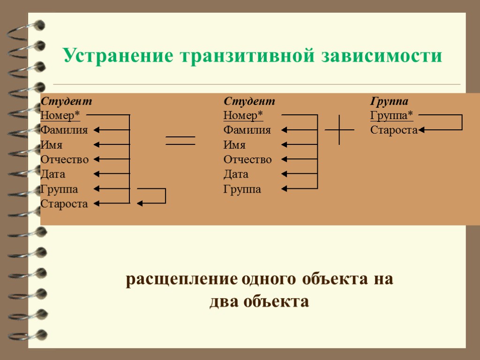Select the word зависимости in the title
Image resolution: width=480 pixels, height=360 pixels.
click(382, 56)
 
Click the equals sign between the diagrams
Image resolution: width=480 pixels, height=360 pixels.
click(180, 141)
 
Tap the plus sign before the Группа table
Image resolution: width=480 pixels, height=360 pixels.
click(339, 130)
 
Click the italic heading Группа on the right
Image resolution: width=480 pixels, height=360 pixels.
click(389, 101)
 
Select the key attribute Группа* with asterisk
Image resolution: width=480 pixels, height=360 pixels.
click(391, 115)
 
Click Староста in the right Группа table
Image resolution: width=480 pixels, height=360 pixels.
click(393, 130)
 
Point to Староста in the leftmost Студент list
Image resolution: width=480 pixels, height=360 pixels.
click(64, 204)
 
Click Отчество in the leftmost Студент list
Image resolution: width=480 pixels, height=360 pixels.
click(64, 160)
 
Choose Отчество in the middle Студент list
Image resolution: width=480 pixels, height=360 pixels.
click(247, 160)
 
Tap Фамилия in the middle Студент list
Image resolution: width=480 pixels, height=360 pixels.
click(247, 130)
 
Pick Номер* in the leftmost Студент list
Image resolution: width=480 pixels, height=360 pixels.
click(60, 115)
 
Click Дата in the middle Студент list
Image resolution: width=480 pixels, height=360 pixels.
click(236, 174)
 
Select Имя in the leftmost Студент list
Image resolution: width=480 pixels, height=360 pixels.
click(52, 145)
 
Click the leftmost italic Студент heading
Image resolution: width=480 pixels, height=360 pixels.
click(66, 101)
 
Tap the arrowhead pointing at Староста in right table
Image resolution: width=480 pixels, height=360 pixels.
click(421, 130)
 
